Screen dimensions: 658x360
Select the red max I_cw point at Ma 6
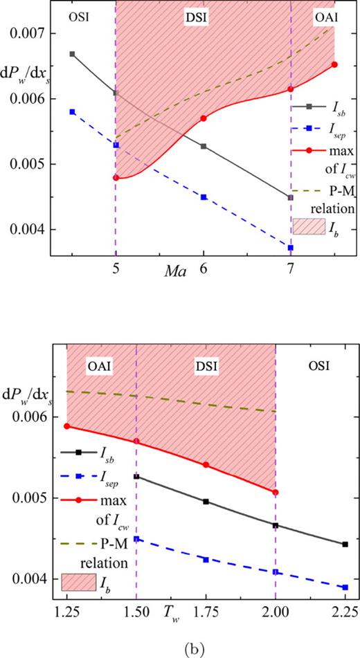pos(203,118)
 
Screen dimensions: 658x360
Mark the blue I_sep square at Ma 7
pos(291,248)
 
